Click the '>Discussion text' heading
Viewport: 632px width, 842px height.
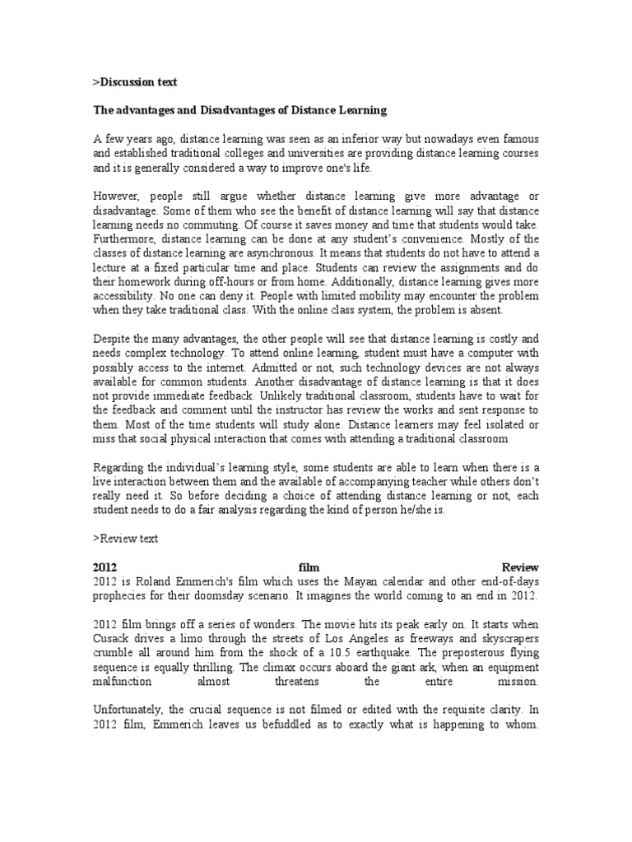click(134, 82)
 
